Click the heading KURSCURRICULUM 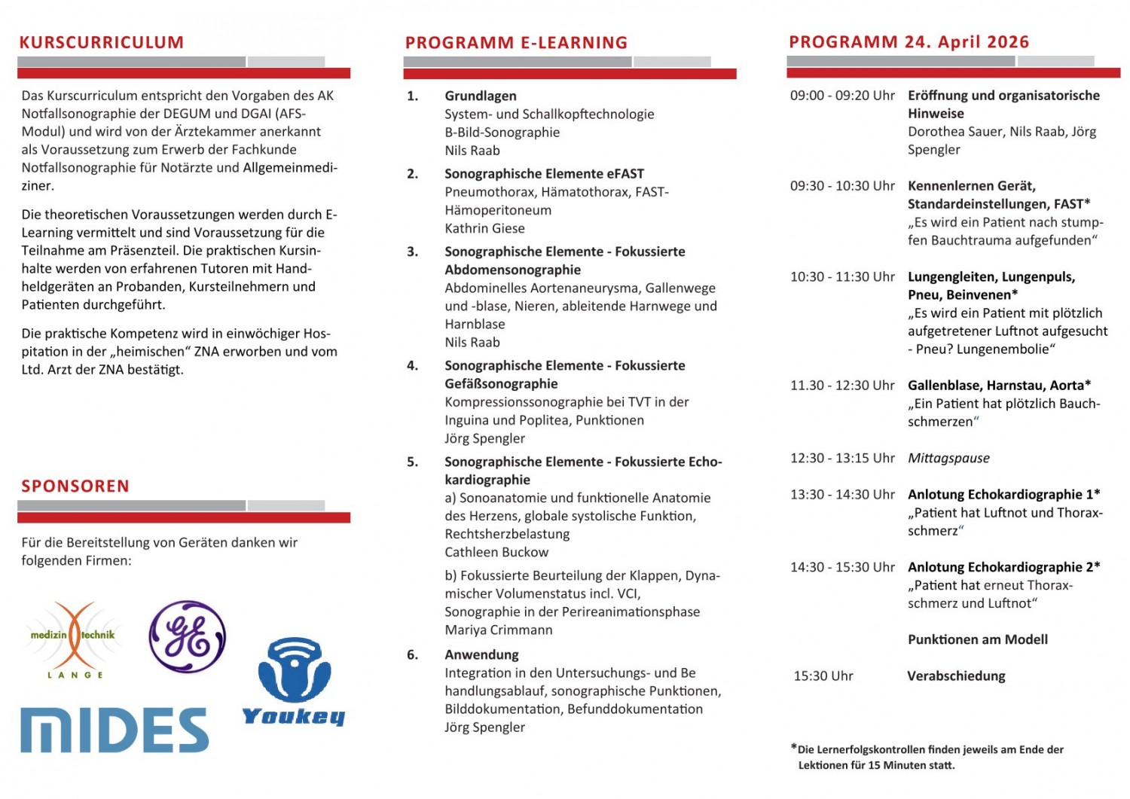pyautogui.click(x=102, y=42)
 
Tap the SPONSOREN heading pyautogui.click(x=75, y=486)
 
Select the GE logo pyautogui.click(x=187, y=636)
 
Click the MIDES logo pyautogui.click(x=115, y=729)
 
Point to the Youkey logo pyautogui.click(x=293, y=682)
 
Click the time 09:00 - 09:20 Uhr pyautogui.click(x=842, y=96)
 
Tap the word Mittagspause pyautogui.click(x=948, y=458)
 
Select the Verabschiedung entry pyautogui.click(x=956, y=675)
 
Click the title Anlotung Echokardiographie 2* pyautogui.click(x=1003, y=567)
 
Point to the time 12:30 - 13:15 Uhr pyautogui.click(x=842, y=458)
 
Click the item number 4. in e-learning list pyautogui.click(x=413, y=365)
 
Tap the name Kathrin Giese pyautogui.click(x=484, y=228)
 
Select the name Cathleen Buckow pyautogui.click(x=496, y=552)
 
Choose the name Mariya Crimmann pyautogui.click(x=498, y=630)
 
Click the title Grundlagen pyautogui.click(x=481, y=96)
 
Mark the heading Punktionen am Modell pyautogui.click(x=978, y=639)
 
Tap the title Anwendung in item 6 pyautogui.click(x=481, y=654)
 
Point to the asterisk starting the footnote pyautogui.click(x=793, y=747)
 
